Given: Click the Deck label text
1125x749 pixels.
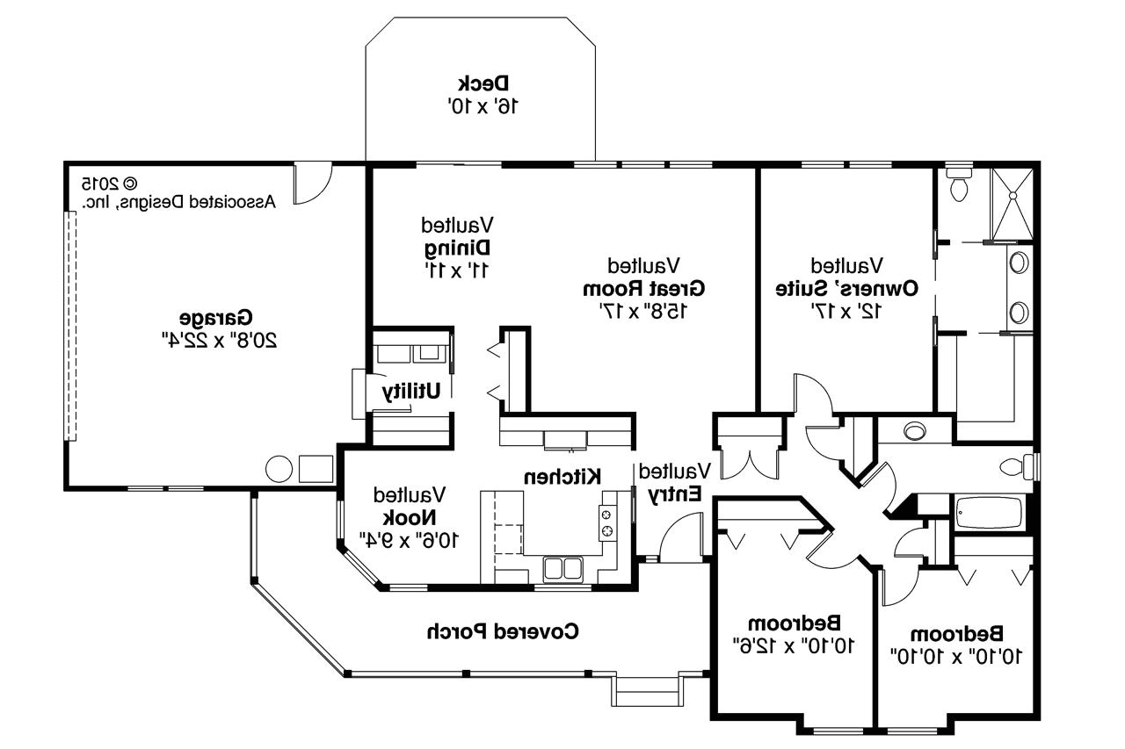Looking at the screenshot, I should click(x=483, y=83).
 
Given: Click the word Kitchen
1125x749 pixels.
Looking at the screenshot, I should click(x=562, y=476).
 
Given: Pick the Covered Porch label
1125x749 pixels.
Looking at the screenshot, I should click(x=503, y=630).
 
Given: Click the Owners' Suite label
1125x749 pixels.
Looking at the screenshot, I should click(x=847, y=287).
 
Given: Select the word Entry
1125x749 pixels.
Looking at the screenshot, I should click(x=675, y=494).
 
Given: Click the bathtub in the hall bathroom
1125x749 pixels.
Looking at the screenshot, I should click(x=990, y=513).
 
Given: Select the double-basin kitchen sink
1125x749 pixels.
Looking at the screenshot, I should click(x=562, y=569).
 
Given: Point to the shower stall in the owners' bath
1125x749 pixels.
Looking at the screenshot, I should click(x=1012, y=202).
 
